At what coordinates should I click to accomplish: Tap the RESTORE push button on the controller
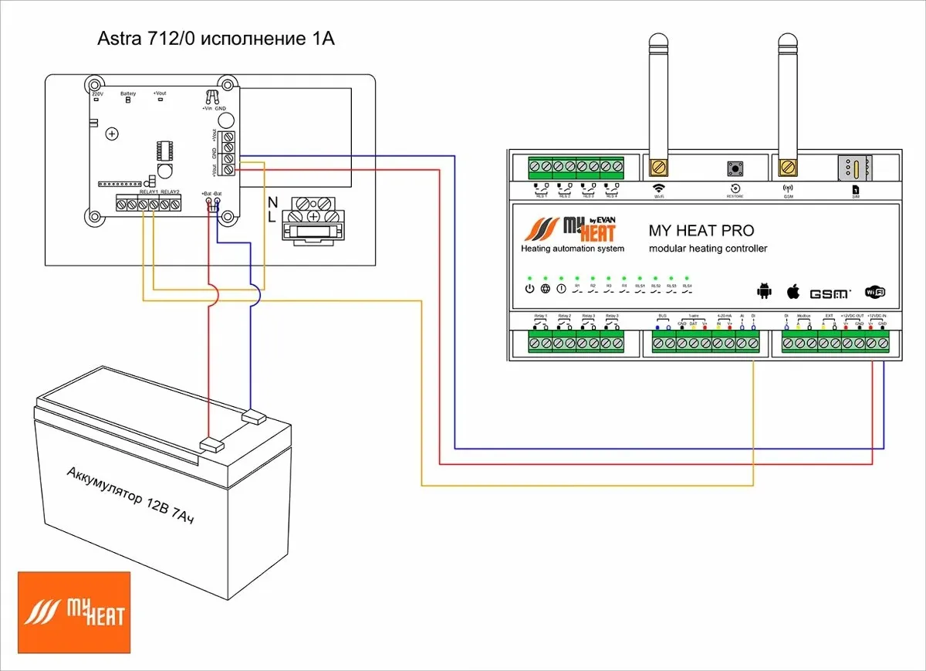point(734,168)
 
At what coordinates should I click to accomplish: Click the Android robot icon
point(764,291)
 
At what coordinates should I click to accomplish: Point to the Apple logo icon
point(793,291)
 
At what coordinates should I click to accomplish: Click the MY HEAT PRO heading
point(701,230)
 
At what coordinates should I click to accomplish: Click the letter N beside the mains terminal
point(272,202)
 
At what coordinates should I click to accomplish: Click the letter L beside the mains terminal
point(272,219)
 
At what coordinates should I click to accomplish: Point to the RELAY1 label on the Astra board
point(148,191)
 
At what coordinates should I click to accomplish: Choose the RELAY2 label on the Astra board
point(170,191)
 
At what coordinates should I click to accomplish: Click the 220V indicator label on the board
point(97,93)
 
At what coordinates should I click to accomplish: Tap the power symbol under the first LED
point(529,290)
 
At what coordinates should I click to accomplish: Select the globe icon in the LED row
point(545,290)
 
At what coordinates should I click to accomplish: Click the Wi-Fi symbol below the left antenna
point(658,188)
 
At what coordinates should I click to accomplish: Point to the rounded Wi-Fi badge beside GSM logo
point(875,292)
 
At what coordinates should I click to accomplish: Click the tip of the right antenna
point(787,39)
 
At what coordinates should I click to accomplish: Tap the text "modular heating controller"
point(708,249)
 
